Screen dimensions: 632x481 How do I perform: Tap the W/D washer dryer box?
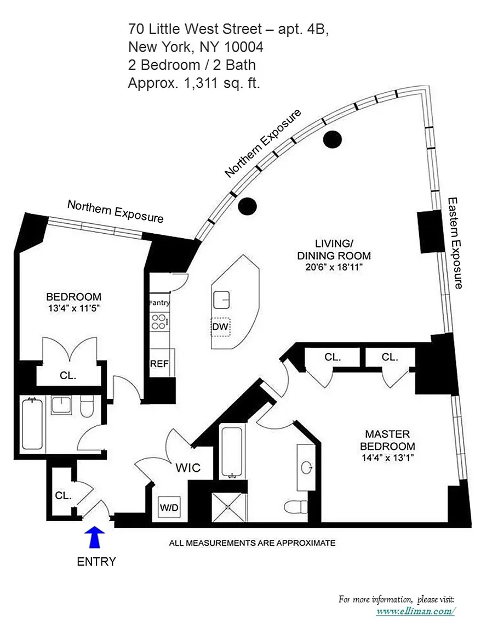(169, 507)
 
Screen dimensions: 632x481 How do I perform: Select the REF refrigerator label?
(159, 364)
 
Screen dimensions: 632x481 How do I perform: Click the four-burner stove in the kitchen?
(159, 321)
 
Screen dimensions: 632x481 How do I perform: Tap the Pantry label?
(159, 302)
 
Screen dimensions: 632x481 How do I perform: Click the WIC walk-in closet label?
(187, 468)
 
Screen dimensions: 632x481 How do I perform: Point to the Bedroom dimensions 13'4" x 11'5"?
(74, 308)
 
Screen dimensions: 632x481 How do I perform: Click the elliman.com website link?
(415, 611)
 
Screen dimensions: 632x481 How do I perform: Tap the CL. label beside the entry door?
(63, 495)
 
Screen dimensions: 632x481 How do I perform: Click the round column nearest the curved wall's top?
(332, 139)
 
